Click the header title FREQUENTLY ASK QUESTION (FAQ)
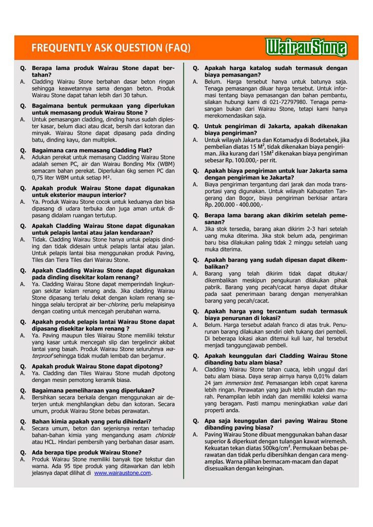[x=111, y=49]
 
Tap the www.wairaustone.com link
[x=123, y=473]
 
